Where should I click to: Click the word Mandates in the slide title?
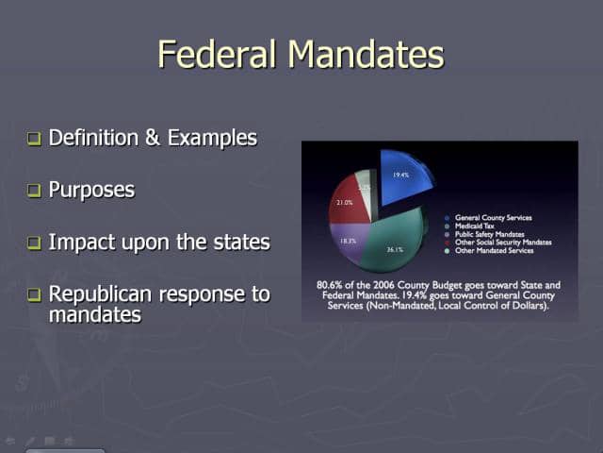coord(367,54)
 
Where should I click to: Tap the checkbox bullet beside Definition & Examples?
coord(34,139)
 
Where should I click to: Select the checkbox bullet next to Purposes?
coord(34,191)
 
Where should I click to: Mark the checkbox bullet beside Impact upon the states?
coord(34,243)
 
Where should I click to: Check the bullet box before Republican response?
coord(34,294)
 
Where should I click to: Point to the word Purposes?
coord(91,190)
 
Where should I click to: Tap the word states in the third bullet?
coord(243,242)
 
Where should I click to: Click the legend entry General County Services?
coord(493,218)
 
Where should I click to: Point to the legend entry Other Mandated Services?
coord(493,250)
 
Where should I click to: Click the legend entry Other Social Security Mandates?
coord(502,243)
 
